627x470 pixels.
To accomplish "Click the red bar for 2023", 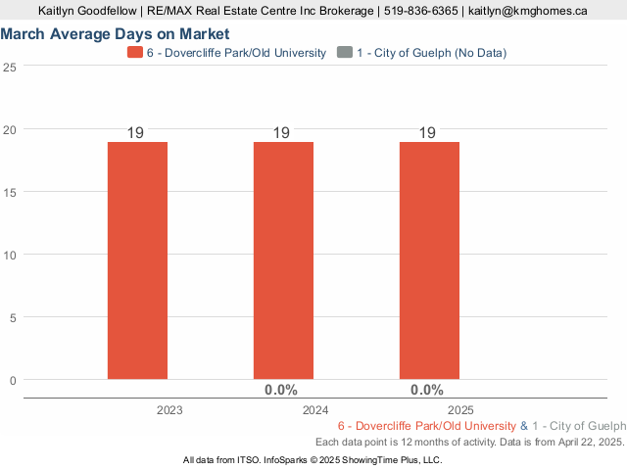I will [137, 260].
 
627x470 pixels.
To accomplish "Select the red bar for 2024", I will [283, 260].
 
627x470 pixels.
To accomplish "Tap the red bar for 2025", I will [429, 260].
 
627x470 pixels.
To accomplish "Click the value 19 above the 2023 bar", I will [136, 133].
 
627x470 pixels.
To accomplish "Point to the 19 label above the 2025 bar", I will [428, 133].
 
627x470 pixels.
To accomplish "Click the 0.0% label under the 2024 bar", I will [281, 390].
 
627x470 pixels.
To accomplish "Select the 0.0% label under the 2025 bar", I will [427, 390].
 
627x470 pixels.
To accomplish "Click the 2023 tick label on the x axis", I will [169, 410].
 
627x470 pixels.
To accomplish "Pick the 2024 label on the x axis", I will [315, 410].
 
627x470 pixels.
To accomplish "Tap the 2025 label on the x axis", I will [461, 410].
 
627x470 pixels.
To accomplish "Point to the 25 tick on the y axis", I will [10, 67].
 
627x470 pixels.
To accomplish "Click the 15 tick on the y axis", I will [10, 192].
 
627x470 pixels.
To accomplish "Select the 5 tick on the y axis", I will [13, 317].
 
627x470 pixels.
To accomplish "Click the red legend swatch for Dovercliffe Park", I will [135, 52].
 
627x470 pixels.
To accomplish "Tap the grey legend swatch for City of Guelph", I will [343, 52].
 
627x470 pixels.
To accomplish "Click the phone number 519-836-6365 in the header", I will [420, 11].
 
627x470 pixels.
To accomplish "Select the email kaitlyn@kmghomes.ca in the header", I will [528, 11].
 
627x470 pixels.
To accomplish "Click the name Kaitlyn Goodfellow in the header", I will [85, 11].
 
